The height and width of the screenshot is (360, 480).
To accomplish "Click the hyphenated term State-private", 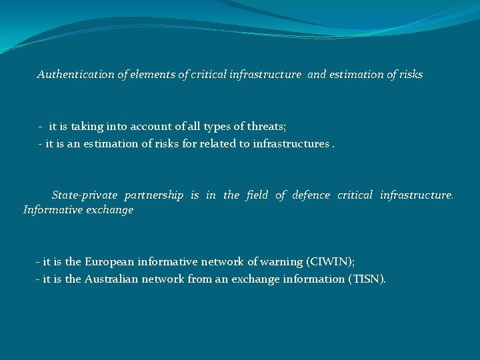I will (x=84, y=195).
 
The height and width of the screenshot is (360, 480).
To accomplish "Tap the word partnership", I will (x=153, y=195).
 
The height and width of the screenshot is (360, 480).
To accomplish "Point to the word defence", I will (x=311, y=195).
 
